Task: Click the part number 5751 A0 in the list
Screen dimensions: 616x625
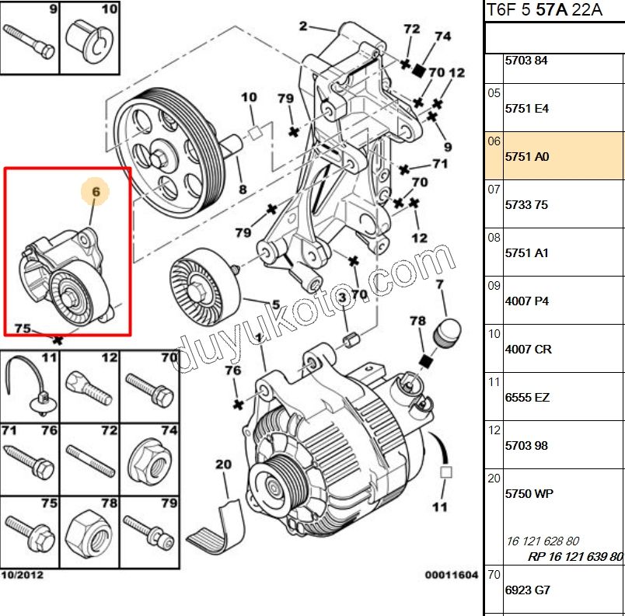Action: tap(527, 156)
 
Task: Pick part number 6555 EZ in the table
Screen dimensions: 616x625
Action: tap(527, 397)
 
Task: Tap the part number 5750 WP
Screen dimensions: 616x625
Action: tap(529, 493)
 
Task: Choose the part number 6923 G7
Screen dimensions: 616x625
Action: tap(527, 590)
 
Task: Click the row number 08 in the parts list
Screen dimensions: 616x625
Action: tap(494, 238)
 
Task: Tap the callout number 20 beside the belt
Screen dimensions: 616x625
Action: tap(224, 465)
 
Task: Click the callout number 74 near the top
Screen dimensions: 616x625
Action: tap(442, 36)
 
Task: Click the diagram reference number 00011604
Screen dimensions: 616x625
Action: tap(451, 575)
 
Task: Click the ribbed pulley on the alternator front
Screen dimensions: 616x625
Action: tap(276, 485)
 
